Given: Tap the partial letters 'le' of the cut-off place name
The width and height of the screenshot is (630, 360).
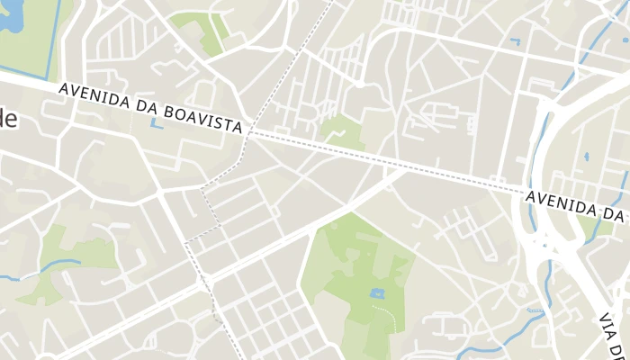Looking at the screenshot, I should point(7,121).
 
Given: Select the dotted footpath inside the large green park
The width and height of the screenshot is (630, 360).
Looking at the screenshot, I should point(389,314).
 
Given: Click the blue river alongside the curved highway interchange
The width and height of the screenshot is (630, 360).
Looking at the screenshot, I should point(530,180).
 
